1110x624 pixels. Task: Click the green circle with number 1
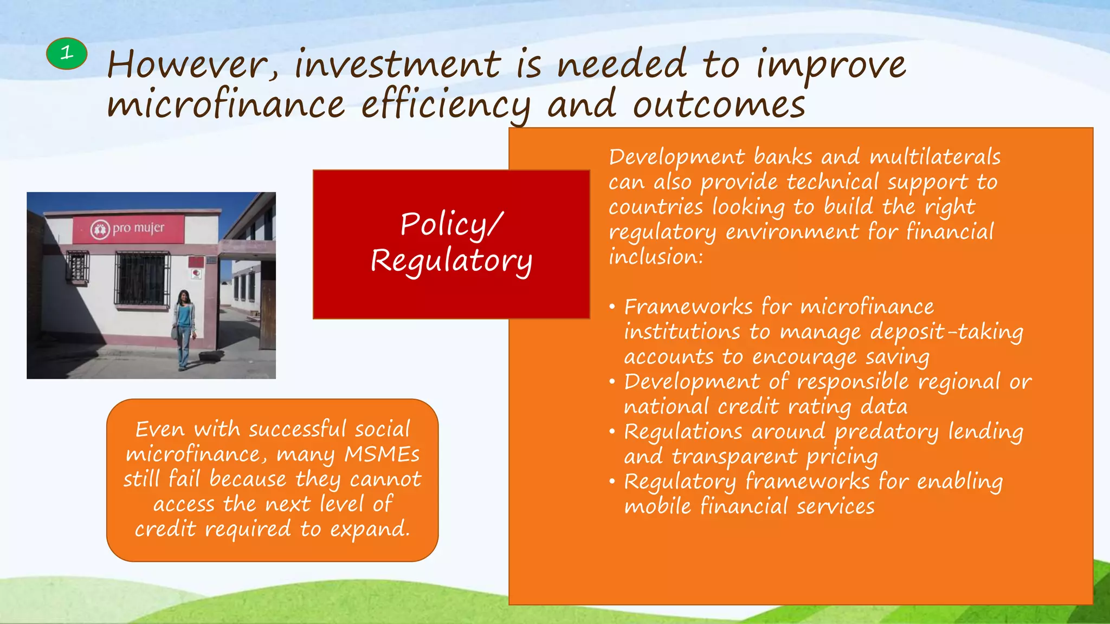point(67,54)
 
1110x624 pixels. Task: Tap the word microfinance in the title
point(225,105)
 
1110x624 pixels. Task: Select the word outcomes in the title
point(719,105)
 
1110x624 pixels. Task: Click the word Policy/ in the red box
point(451,224)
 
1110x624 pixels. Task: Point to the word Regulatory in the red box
point(451,261)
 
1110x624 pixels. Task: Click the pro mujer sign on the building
point(128,229)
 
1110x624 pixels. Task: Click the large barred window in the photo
point(141,278)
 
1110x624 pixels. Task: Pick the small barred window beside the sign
point(78,266)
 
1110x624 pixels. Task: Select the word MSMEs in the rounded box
point(382,454)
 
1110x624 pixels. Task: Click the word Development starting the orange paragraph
point(677,157)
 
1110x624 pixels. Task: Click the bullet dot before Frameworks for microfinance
point(612,308)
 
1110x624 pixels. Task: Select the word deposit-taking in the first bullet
point(946,332)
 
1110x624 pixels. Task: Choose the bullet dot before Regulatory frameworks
point(612,482)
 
